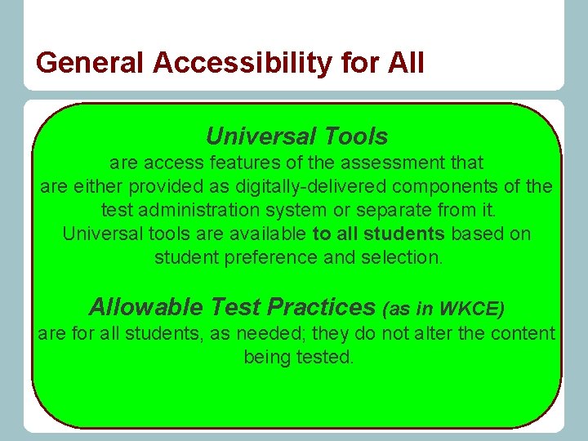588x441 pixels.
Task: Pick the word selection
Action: tap(400, 257)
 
